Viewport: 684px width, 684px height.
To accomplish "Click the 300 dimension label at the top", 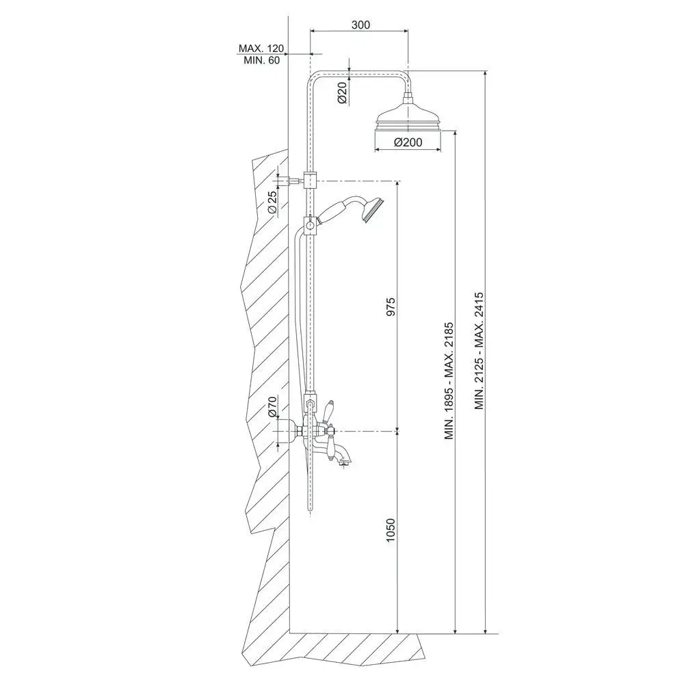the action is tap(360, 25).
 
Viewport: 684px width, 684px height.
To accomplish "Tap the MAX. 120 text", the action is tap(261, 48).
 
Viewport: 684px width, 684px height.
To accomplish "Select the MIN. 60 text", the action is tap(262, 61).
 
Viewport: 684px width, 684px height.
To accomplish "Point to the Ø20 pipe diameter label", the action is tap(343, 93).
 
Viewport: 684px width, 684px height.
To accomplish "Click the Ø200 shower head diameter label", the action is tap(408, 142).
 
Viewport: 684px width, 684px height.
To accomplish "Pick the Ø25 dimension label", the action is tap(272, 202).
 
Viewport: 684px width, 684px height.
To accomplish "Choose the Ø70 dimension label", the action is tap(272, 406).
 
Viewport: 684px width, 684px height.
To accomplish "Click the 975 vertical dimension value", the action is tap(391, 306).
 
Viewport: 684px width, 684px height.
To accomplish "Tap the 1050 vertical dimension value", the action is tap(391, 530).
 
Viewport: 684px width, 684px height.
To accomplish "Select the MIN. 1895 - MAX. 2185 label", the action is tap(449, 381).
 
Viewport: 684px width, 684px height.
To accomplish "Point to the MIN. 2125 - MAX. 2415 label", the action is tap(479, 351).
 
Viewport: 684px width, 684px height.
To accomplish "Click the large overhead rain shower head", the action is tap(408, 117).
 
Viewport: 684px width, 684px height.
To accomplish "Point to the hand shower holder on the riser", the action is tap(310, 225).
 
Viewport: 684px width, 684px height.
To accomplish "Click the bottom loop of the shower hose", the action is tap(310, 510).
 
